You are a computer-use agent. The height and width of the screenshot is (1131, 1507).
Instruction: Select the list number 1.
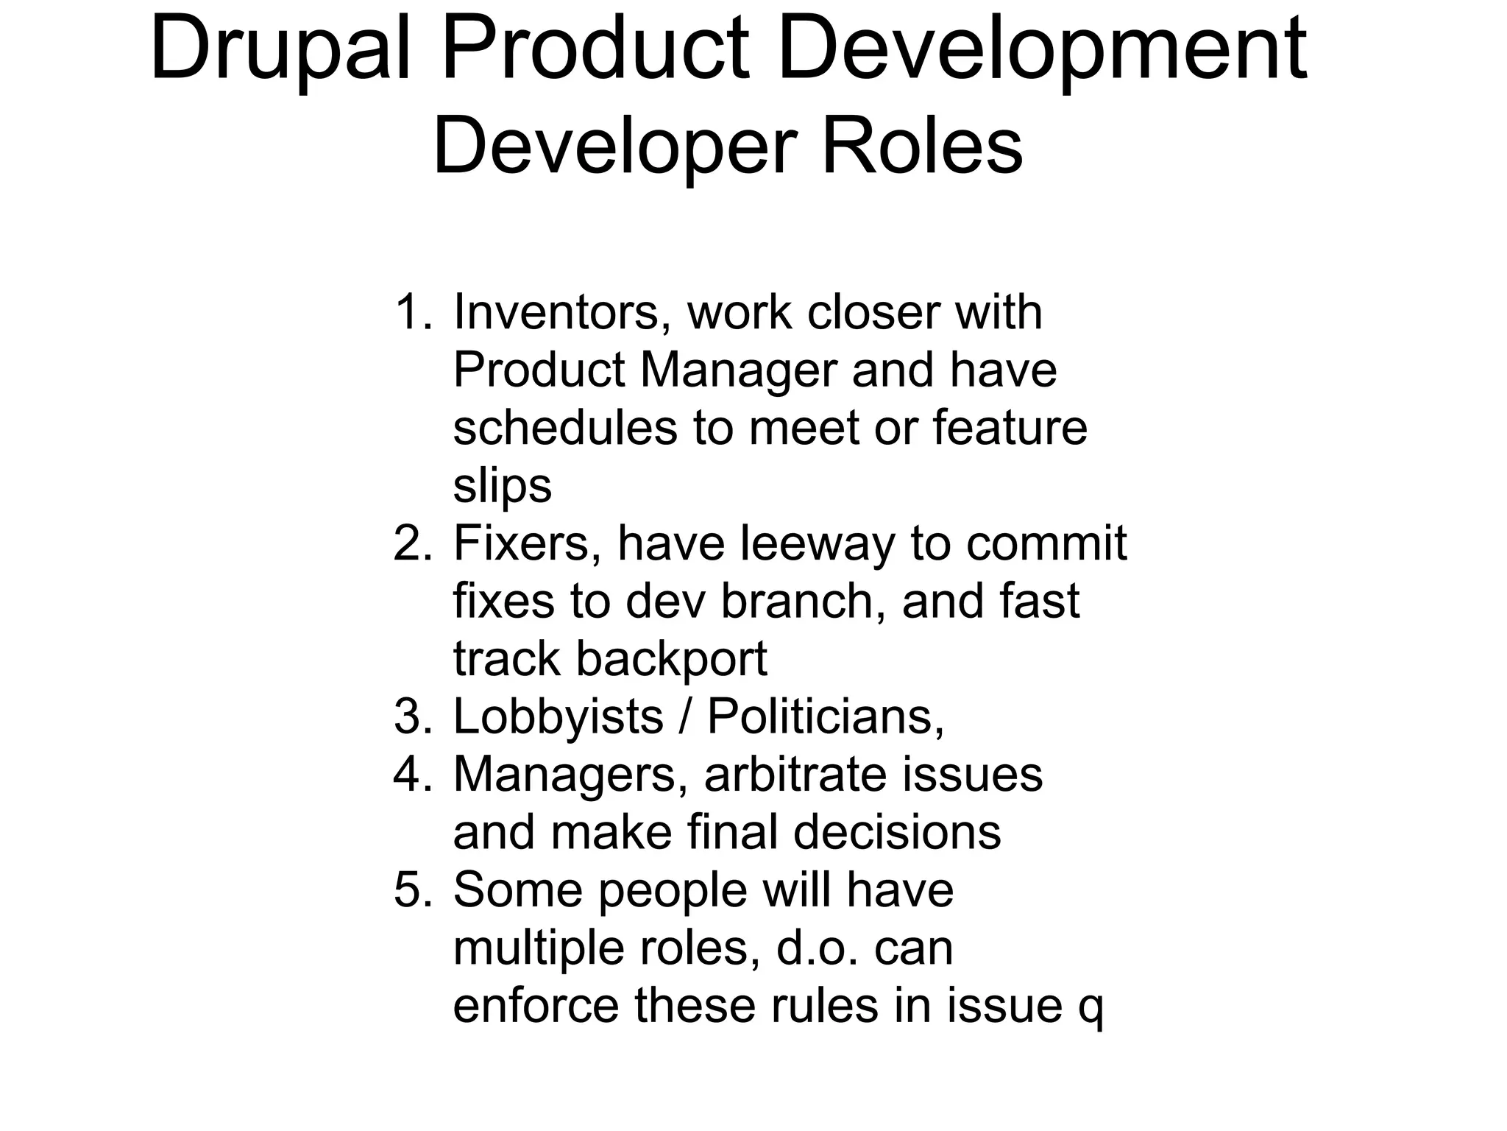coord(412,312)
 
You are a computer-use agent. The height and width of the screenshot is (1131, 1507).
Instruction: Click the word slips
coord(502,486)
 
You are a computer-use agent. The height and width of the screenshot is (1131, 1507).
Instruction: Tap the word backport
coord(671,659)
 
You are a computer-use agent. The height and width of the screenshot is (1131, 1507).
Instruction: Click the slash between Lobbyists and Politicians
coord(685,716)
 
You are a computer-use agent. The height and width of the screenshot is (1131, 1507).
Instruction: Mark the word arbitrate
coord(783,775)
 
